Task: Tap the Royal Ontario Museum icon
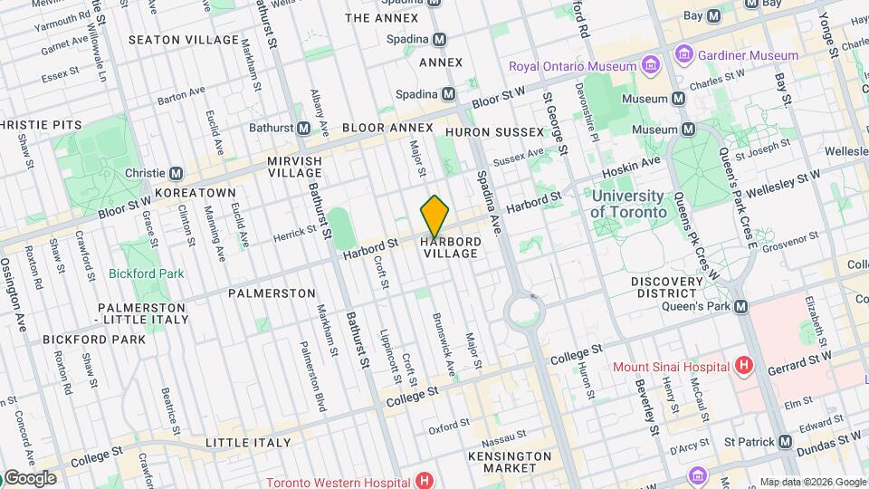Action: (650, 66)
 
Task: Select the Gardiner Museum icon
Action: (684, 55)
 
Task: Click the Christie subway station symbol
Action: (177, 173)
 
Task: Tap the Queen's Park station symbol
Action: (741, 307)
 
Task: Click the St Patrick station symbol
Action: (785, 441)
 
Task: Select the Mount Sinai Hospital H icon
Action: (743, 366)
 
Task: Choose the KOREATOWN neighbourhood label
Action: (195, 193)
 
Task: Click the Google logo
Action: (29, 478)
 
